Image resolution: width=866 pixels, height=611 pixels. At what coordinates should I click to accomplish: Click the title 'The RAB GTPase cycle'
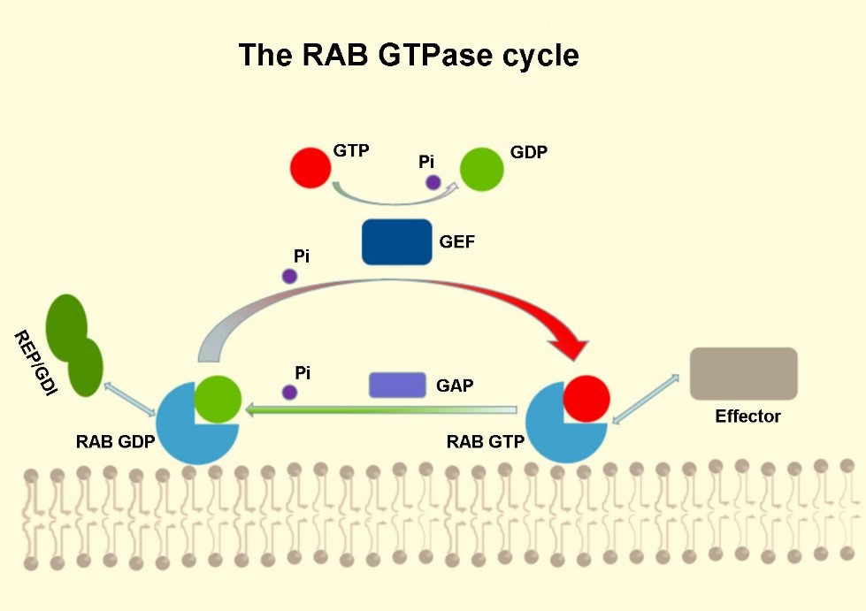tap(409, 56)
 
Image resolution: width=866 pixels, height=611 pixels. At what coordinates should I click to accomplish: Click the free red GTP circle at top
tap(310, 167)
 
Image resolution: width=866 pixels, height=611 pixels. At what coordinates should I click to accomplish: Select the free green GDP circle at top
tap(482, 168)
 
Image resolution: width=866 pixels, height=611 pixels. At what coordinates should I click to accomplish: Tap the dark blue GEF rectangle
tap(397, 241)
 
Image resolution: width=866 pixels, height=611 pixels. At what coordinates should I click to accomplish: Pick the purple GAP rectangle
tap(397, 385)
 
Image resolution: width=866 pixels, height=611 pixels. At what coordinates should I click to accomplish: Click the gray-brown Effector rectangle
tap(743, 373)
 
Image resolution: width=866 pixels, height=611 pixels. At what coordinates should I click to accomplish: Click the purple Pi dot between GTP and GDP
tap(433, 182)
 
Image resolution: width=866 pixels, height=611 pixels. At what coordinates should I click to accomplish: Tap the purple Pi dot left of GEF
tap(289, 276)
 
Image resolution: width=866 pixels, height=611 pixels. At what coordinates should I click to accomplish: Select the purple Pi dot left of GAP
tap(289, 392)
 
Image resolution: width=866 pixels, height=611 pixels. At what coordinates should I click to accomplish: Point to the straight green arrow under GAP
tap(380, 409)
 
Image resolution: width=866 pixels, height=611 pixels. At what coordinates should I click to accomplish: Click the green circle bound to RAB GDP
tap(217, 398)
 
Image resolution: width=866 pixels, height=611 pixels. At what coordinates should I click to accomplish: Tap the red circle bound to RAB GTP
tap(586, 398)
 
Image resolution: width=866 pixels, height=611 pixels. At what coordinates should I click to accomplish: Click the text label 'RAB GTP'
tap(486, 442)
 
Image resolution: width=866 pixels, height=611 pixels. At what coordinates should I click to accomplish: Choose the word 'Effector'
tap(747, 416)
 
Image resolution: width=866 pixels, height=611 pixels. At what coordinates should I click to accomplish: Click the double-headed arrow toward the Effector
tap(646, 401)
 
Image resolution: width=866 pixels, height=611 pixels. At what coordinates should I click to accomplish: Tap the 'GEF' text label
tap(456, 241)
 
